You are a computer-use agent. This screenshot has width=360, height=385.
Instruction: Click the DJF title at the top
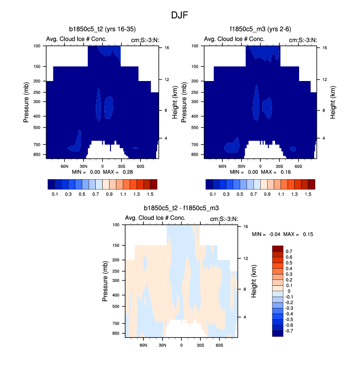point(179,15)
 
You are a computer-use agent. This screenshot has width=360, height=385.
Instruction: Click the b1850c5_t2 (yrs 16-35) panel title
point(103,29)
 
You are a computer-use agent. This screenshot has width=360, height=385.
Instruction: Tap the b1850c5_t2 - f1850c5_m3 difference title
point(181,208)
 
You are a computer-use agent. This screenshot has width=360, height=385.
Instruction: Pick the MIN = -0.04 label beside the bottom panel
point(265,234)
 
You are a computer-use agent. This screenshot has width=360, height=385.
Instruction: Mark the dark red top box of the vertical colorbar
point(277,248)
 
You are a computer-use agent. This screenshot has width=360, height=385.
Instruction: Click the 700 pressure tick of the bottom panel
point(116,324)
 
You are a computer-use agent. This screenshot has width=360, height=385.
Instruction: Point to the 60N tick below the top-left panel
point(64,166)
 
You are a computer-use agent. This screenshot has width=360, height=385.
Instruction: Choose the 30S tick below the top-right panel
point(279,166)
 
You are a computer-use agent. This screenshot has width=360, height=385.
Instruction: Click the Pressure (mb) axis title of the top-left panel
point(27,102)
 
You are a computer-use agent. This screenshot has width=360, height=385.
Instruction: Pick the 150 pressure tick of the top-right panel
point(195,66)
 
